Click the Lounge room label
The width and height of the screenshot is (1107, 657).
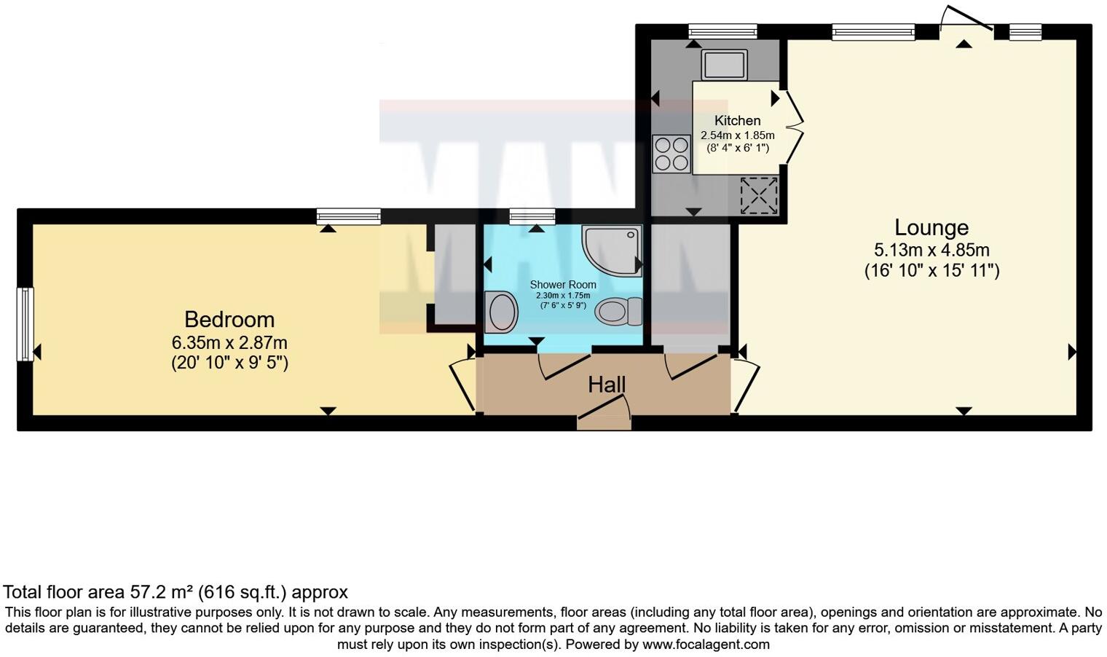[931, 228]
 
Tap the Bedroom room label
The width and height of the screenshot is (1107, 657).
[229, 320]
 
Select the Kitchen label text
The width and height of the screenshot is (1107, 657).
[737, 121]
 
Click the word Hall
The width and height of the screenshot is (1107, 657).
[607, 385]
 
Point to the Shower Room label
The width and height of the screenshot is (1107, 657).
[563, 285]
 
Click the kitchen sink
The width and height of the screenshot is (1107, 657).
[724, 65]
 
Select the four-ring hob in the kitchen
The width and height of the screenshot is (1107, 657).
[672, 154]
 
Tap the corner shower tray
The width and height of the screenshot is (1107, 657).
[612, 249]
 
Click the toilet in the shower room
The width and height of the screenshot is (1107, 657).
[618, 312]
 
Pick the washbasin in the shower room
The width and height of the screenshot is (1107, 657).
[501, 312]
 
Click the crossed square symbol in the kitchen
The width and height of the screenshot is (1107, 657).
[759, 195]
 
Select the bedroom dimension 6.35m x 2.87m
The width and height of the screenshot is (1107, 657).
[229, 342]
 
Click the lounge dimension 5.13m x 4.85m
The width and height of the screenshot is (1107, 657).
[931, 251]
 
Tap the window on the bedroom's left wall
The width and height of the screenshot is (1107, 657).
[25, 323]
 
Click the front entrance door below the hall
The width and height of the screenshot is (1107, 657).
[604, 421]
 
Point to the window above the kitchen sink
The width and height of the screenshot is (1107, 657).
[722, 31]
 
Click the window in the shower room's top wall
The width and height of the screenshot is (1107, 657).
[532, 216]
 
